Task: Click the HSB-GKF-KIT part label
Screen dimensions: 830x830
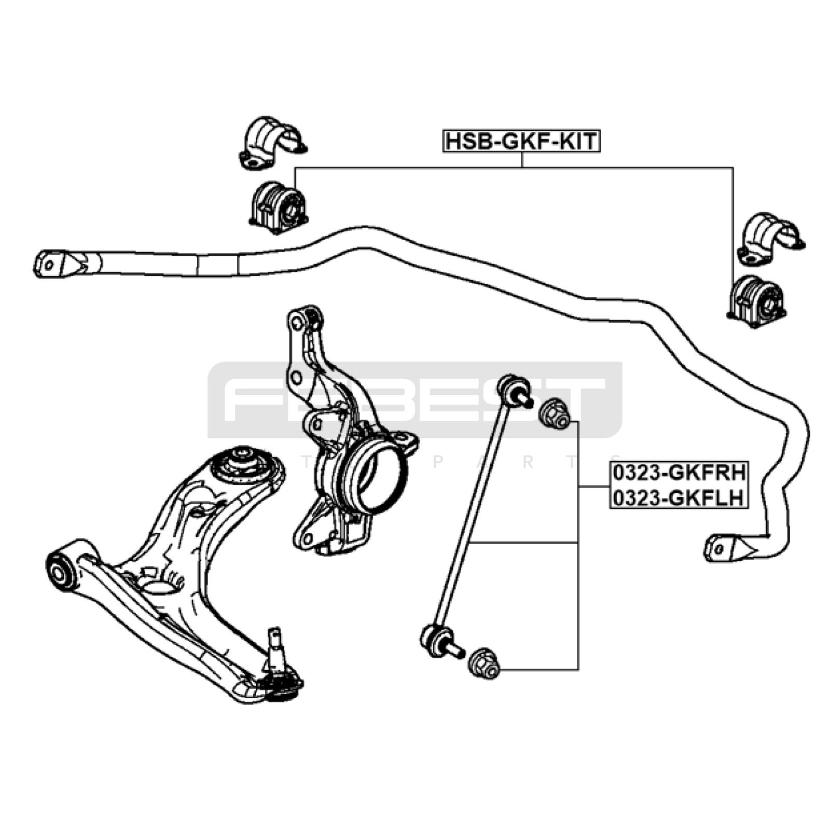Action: (x=521, y=141)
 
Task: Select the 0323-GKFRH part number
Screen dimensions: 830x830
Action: (x=679, y=473)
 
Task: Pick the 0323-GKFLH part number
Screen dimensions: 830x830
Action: (x=679, y=497)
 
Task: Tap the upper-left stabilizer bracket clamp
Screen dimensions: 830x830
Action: (x=271, y=144)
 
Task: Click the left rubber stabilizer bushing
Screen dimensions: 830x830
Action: (x=279, y=206)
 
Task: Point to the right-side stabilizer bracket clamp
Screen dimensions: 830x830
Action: (x=769, y=239)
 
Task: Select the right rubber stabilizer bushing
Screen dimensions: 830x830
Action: (x=757, y=301)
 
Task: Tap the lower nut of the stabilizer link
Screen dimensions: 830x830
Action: (x=483, y=663)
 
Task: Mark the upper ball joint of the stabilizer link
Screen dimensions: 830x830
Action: (x=513, y=388)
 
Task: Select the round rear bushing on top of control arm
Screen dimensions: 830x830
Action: (x=241, y=464)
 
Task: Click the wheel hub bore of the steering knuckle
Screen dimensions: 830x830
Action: (x=378, y=478)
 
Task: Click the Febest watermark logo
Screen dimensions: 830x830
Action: (x=415, y=399)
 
